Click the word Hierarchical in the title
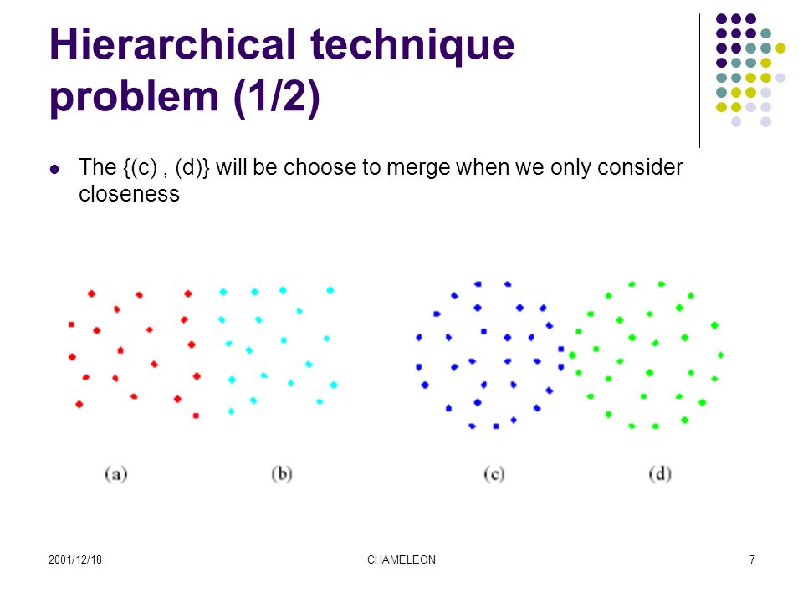click(172, 44)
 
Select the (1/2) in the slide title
click(277, 96)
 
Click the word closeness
click(129, 194)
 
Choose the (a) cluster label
click(115, 474)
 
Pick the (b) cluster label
click(282, 474)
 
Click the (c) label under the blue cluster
click(494, 474)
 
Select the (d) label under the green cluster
click(660, 474)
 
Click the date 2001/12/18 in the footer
click(75, 559)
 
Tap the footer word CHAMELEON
click(401, 559)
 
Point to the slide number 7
click(752, 559)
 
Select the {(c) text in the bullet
click(140, 168)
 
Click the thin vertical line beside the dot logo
click(699, 81)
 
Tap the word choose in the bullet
click(323, 167)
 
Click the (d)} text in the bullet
click(192, 168)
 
